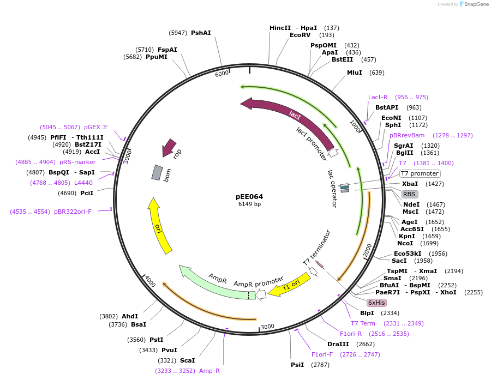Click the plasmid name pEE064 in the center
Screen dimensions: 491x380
click(249, 196)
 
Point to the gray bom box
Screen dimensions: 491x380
click(157, 173)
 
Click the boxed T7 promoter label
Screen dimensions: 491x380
click(420, 173)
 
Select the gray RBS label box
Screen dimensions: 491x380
click(410, 194)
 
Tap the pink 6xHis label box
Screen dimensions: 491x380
click(376, 303)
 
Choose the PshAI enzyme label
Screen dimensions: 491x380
click(201, 33)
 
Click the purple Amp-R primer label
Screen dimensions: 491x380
click(209, 370)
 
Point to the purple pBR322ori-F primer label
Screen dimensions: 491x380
click(73, 211)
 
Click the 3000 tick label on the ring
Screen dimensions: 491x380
click(267, 327)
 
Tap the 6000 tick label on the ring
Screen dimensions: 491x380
click(222, 74)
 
